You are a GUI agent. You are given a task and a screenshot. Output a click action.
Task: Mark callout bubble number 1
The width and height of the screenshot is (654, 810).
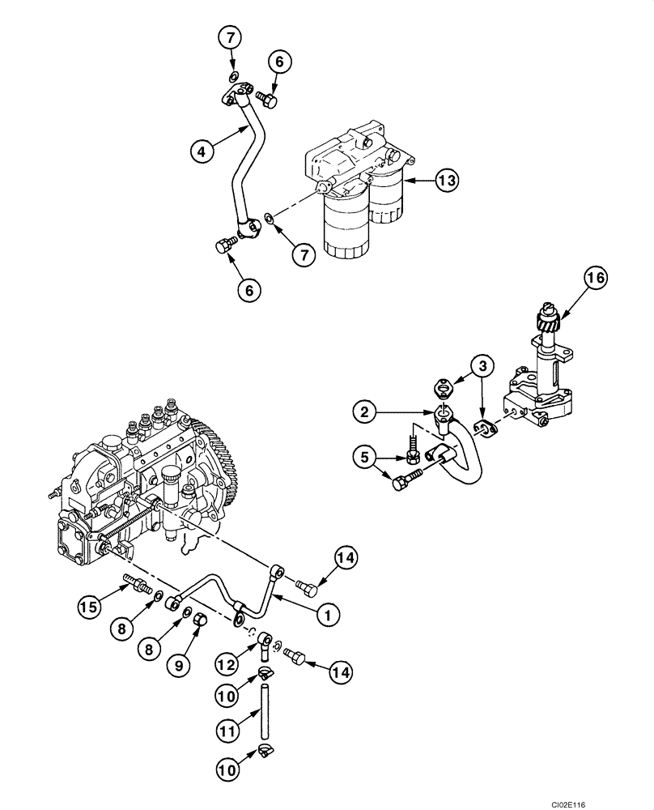point(327,616)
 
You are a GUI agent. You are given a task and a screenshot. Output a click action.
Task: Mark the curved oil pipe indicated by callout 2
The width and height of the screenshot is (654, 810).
point(469,458)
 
